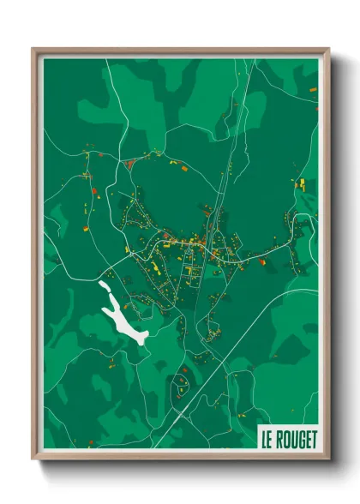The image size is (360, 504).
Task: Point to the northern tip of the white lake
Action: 104,284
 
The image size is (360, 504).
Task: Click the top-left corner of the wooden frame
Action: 34,50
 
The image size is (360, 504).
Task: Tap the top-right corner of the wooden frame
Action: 328,50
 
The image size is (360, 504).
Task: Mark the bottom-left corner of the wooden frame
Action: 34,459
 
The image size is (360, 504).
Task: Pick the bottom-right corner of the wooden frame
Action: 328,459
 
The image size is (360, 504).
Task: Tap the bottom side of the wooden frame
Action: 181,457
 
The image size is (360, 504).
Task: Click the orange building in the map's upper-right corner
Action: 311,89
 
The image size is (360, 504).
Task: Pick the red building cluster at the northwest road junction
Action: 129,163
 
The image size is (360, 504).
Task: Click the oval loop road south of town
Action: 183,377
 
